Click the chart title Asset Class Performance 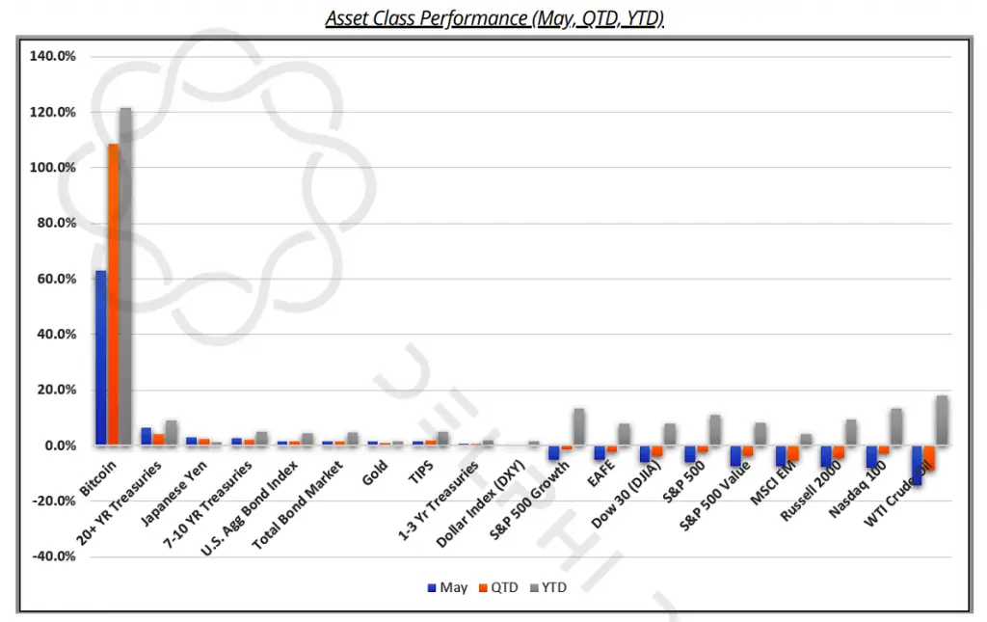click(x=493, y=18)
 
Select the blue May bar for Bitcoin click(x=100, y=358)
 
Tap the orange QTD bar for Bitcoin click(x=113, y=294)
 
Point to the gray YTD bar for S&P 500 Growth click(x=578, y=427)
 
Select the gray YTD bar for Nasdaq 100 click(x=896, y=427)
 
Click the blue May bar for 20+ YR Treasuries click(x=146, y=437)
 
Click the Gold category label click(x=376, y=472)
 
